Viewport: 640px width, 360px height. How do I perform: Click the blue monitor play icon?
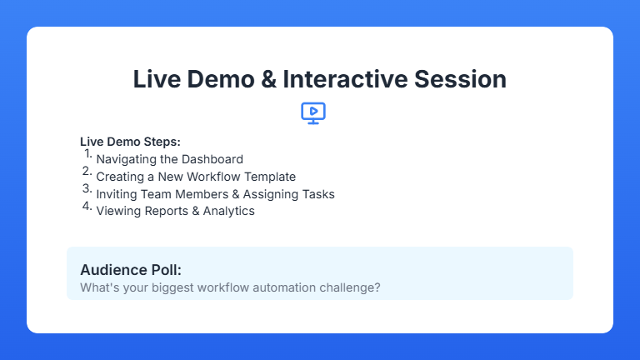click(313, 112)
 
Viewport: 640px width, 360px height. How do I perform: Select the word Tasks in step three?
click(317, 194)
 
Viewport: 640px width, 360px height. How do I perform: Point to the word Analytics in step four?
click(229, 212)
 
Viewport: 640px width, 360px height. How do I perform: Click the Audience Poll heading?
click(131, 270)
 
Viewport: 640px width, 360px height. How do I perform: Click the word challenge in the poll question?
click(349, 288)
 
